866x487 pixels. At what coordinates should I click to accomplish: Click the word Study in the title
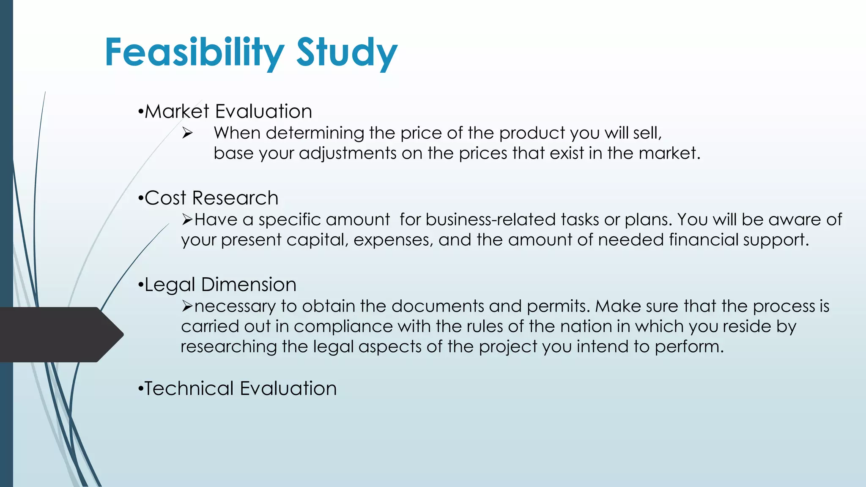tap(347, 52)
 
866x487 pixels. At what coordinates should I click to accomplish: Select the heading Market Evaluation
tap(228, 112)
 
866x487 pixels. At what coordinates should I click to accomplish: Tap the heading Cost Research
tap(211, 198)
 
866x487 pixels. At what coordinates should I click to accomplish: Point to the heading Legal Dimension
tap(220, 285)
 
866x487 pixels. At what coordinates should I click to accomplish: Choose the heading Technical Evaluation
tap(240, 389)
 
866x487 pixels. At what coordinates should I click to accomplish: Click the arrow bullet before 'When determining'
tap(187, 134)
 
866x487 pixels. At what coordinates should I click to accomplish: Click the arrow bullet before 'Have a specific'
tap(187, 220)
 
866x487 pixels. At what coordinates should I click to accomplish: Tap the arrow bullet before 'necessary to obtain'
tap(187, 306)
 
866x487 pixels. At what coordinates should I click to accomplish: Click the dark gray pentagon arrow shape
tap(59, 334)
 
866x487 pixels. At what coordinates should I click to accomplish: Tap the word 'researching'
tap(229, 347)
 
